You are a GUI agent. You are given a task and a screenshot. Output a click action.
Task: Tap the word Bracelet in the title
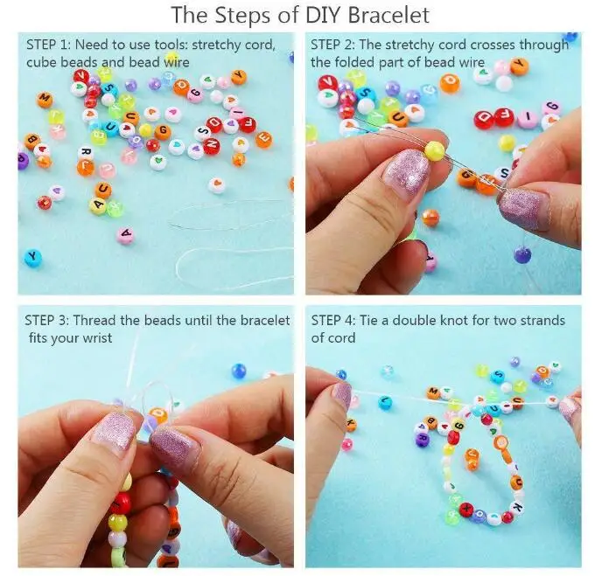click(388, 15)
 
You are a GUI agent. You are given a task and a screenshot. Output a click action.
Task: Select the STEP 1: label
click(48, 45)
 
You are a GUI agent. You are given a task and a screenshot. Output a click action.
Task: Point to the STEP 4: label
click(332, 321)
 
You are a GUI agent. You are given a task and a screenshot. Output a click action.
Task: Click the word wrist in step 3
click(97, 338)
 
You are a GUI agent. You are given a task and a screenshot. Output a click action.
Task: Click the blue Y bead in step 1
click(32, 257)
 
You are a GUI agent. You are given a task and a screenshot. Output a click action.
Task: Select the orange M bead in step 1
click(45, 100)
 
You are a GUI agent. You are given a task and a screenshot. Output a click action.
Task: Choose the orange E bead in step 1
click(263, 139)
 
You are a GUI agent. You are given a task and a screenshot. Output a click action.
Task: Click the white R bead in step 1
click(86, 152)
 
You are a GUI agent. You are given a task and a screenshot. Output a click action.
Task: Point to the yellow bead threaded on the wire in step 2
click(435, 151)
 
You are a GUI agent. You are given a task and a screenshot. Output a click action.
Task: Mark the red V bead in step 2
click(328, 83)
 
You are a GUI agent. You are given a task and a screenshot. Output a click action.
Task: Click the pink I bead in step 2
click(528, 118)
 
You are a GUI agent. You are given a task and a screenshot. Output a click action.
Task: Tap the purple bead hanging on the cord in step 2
click(522, 254)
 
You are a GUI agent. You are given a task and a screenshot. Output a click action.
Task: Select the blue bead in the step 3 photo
click(239, 371)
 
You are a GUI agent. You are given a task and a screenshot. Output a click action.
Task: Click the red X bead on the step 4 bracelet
click(466, 509)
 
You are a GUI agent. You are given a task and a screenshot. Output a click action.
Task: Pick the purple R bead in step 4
click(423, 440)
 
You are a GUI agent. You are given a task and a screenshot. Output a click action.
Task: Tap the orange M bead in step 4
click(433, 392)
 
